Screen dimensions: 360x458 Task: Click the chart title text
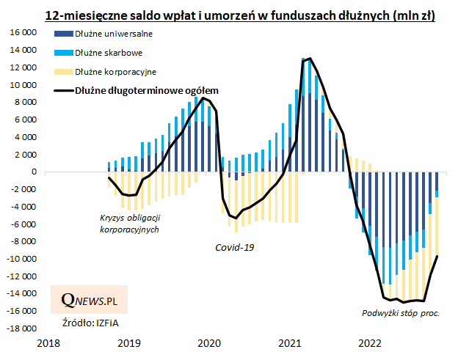239,15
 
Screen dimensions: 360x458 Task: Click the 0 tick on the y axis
34,172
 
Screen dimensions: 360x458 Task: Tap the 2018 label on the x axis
48,343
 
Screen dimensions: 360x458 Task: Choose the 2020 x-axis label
209,343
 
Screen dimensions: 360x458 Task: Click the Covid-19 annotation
234,247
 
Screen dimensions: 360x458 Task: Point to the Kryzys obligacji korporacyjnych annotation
129,224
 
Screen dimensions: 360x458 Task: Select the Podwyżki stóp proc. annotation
401,313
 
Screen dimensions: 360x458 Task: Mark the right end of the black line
438,256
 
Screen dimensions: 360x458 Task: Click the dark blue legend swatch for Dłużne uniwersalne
63,34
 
